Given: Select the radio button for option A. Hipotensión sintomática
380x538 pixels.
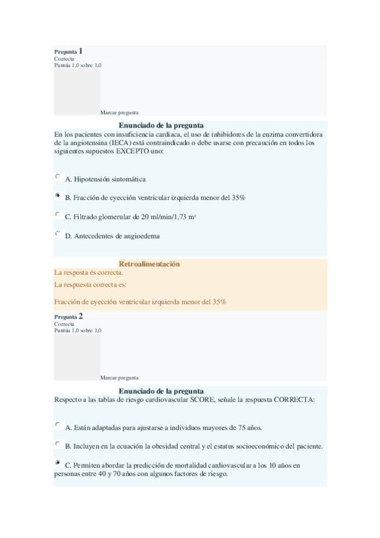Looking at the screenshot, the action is [x=58, y=178].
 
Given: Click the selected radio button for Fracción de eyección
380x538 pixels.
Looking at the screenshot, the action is [x=58, y=197].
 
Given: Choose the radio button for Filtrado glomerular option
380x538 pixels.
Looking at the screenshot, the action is [x=58, y=215].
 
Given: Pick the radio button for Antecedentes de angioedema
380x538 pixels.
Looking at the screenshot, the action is [x=58, y=234].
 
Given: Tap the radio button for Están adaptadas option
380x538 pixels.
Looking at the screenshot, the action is [x=58, y=425].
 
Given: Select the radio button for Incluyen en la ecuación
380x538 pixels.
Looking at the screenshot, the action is [x=58, y=444].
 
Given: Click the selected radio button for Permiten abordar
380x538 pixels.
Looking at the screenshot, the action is [x=58, y=463].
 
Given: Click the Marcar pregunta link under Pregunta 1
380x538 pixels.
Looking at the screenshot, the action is [x=119, y=112].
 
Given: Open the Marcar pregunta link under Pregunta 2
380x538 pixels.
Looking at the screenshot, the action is [x=119, y=377].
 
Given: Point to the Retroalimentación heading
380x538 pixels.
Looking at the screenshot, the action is [x=150, y=264].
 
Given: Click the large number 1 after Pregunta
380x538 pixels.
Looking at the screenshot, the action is [x=81, y=50].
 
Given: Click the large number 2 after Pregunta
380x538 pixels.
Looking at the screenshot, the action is [x=81, y=315].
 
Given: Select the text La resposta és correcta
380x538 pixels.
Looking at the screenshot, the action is [x=89, y=273].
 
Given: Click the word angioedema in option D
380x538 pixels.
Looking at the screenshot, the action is [x=143, y=237].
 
